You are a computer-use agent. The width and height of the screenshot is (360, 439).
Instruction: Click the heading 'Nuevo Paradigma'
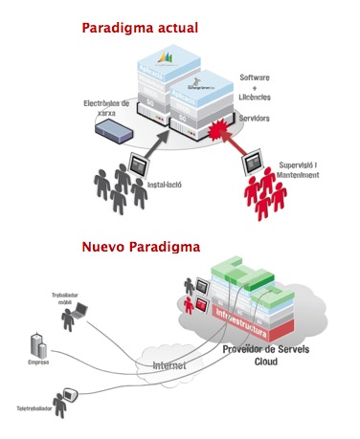click(x=141, y=247)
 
